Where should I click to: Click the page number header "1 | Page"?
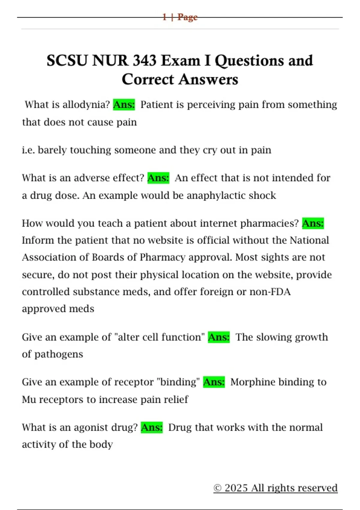click(x=180, y=17)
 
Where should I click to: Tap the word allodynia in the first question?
click(x=86, y=105)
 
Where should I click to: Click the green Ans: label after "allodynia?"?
click(x=124, y=105)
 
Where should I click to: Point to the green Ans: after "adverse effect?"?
click(x=158, y=178)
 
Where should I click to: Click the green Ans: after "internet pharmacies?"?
click(x=313, y=223)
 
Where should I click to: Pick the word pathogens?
click(x=58, y=354)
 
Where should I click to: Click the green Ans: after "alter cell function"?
click(x=219, y=337)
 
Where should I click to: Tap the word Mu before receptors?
click(x=29, y=400)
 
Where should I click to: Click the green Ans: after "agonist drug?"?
click(x=151, y=427)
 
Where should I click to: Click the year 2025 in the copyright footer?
click(x=236, y=488)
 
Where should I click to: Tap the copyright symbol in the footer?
click(x=217, y=488)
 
